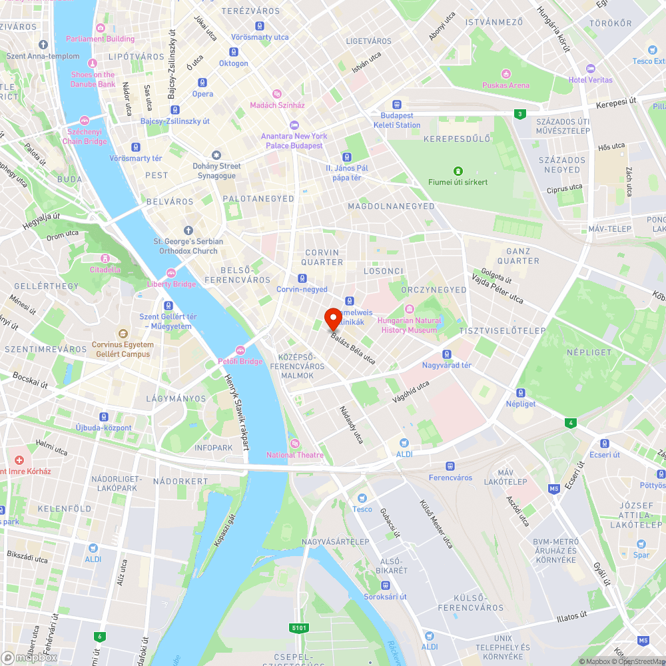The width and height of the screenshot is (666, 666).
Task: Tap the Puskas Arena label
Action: tap(506, 85)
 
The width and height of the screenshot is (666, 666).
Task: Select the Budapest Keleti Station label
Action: tap(397, 121)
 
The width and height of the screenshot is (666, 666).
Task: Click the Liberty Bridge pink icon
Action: tap(171, 272)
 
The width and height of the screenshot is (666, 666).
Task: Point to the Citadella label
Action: tap(105, 270)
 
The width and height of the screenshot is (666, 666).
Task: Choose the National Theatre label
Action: tap(295, 455)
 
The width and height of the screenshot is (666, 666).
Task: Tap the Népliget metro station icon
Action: tap(521, 392)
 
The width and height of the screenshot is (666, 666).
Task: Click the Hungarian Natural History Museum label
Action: tap(409, 325)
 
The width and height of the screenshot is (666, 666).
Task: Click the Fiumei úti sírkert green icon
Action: tap(458, 170)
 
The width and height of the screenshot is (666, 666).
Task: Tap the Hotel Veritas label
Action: tap(589, 80)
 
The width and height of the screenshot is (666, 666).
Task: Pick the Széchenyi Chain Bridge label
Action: tap(85, 137)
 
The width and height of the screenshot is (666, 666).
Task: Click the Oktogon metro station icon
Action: tap(233, 52)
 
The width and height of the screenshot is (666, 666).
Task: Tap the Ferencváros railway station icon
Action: tap(450, 466)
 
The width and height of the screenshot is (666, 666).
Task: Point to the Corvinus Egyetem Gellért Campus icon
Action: tap(123, 333)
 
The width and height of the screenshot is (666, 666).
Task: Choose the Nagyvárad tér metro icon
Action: tap(447, 354)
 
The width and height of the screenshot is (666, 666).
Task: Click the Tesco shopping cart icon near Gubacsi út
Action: tap(362, 498)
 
